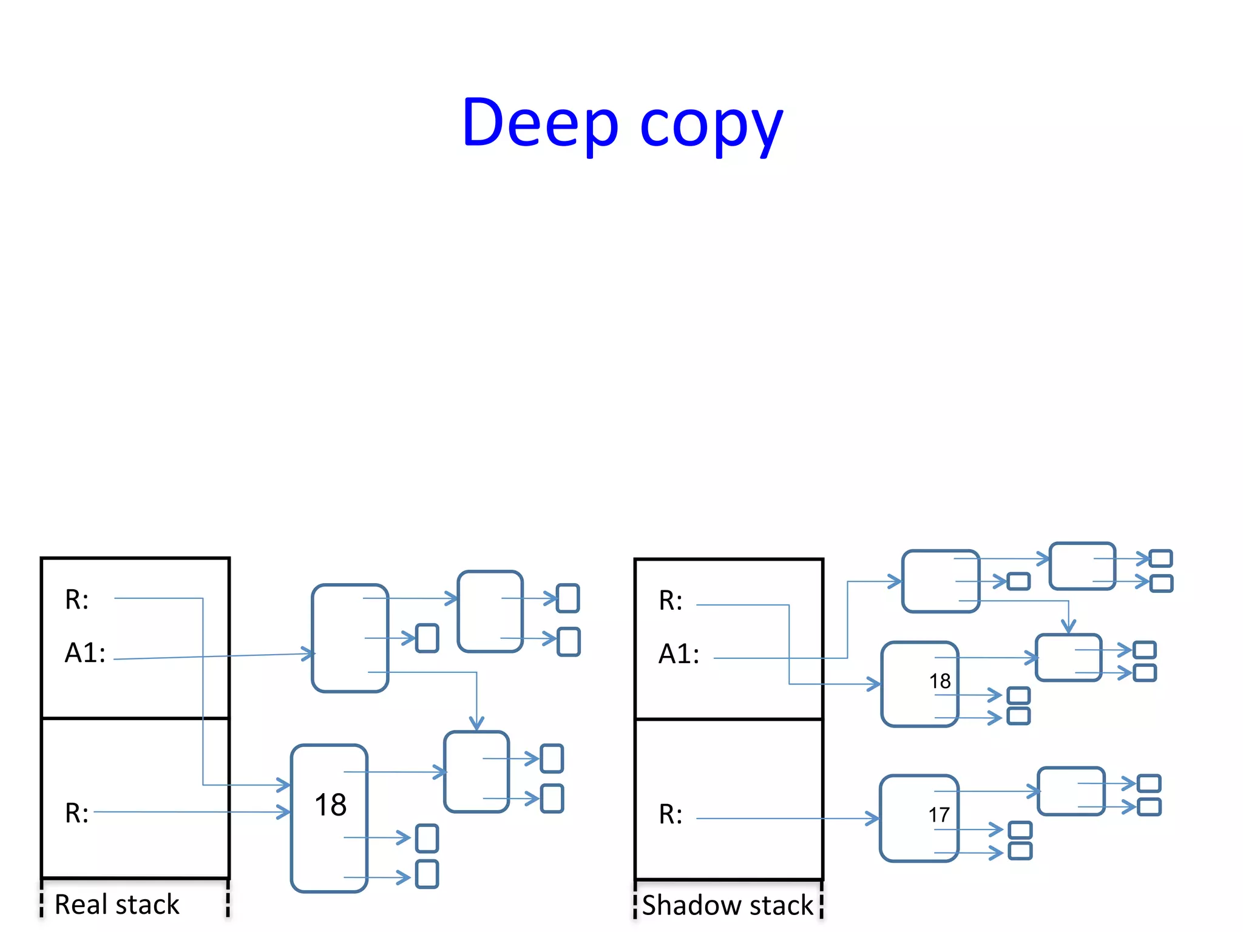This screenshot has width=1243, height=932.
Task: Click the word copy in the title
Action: coord(711,127)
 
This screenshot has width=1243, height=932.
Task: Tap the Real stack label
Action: coord(117,904)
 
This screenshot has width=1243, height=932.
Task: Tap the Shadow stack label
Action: coord(727,905)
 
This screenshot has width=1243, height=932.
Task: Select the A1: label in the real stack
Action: coord(85,653)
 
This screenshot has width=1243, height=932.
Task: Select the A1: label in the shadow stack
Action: coord(679,654)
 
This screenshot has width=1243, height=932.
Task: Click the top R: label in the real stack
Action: coord(77,599)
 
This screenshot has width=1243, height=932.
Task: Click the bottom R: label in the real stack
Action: coord(77,813)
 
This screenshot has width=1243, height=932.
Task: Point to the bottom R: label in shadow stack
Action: coord(671,814)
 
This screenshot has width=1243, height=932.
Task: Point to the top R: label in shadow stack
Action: coord(671,601)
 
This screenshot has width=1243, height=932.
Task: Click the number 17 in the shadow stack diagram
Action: coord(938,815)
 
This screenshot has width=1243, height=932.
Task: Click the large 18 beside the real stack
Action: coord(330,805)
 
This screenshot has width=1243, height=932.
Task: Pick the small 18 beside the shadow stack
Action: coord(940,681)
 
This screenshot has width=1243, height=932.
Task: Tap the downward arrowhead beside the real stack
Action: coord(476,724)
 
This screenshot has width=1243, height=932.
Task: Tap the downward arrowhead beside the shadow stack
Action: coord(1068,627)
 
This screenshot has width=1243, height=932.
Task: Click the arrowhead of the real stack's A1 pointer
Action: coord(309,653)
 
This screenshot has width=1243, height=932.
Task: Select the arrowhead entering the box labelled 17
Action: coord(873,819)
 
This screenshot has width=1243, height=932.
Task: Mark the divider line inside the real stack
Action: coord(135,718)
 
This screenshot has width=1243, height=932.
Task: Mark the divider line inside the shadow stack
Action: coord(728,719)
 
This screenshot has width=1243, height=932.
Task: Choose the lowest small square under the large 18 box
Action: coord(427,874)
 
